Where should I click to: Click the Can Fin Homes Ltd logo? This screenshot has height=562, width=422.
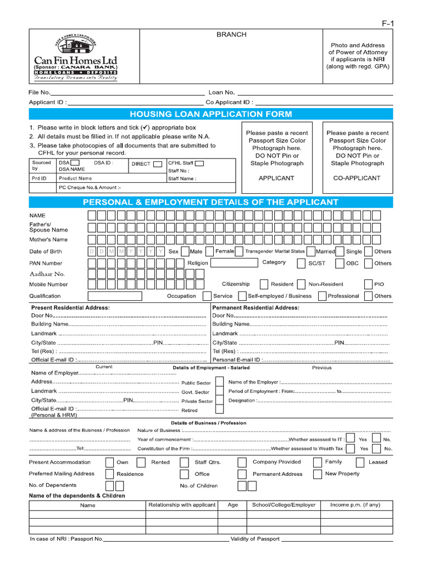click(75, 59)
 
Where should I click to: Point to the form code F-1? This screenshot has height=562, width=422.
click(388, 23)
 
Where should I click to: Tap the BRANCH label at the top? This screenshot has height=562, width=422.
click(231, 35)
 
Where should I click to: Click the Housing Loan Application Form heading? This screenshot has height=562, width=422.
click(210, 114)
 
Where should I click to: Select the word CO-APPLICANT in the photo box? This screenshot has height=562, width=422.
click(357, 178)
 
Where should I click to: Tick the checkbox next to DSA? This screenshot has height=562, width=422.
click(75, 162)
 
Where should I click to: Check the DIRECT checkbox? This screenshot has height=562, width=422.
click(158, 164)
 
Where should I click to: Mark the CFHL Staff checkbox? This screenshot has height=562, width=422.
click(199, 162)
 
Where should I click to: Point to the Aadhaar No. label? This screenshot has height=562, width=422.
click(47, 273)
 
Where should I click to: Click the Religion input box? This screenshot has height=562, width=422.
click(234, 263)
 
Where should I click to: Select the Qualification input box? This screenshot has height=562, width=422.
click(114, 296)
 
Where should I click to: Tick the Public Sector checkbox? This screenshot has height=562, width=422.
click(219, 382)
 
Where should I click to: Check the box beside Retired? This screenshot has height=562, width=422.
click(219, 409)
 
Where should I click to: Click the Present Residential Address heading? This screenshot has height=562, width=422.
click(70, 308)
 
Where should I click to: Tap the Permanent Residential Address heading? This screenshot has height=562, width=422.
click(256, 308)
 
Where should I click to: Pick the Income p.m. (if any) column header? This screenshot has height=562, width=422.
click(354, 504)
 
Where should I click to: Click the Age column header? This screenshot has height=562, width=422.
click(232, 504)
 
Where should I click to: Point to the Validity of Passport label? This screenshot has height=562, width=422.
click(255, 539)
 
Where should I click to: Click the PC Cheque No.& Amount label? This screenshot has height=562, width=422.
click(90, 187)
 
